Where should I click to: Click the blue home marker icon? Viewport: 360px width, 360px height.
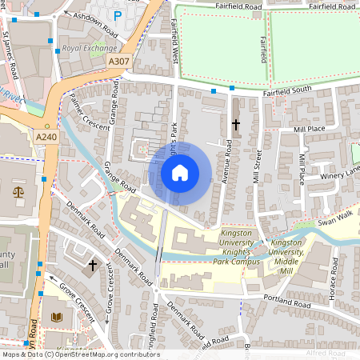point(180,173)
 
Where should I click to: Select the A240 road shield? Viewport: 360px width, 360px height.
point(46,138)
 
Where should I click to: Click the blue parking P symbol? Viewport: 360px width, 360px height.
point(118,15)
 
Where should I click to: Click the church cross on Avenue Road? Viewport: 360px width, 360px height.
point(235,125)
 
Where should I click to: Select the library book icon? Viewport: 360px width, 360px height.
point(55,318)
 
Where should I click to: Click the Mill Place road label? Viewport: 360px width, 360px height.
point(310,129)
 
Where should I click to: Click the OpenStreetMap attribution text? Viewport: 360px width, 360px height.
point(80,354)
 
